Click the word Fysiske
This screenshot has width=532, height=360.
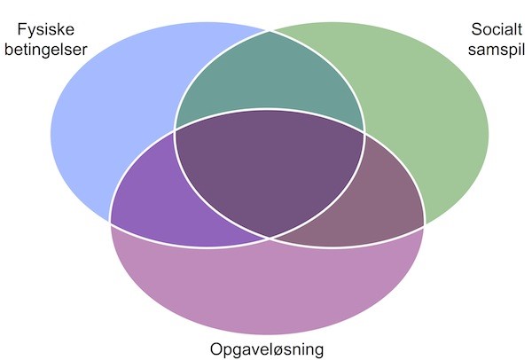click(45, 30)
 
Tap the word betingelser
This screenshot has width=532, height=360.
click(46, 50)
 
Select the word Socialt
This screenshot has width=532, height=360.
click(497, 29)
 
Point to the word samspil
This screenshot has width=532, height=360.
click(497, 50)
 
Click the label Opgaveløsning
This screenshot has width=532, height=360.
click(267, 349)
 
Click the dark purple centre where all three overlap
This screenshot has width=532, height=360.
click(270, 173)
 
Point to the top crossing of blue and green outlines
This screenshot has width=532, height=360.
click(270, 31)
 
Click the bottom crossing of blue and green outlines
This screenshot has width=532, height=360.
click(270, 239)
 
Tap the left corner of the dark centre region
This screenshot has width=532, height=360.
click(175, 130)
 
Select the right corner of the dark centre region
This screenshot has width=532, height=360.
click(364, 132)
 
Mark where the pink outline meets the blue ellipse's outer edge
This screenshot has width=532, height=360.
click(110, 223)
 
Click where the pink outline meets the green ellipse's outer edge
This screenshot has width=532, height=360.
click(424, 226)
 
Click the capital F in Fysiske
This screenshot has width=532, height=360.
click(21, 29)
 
